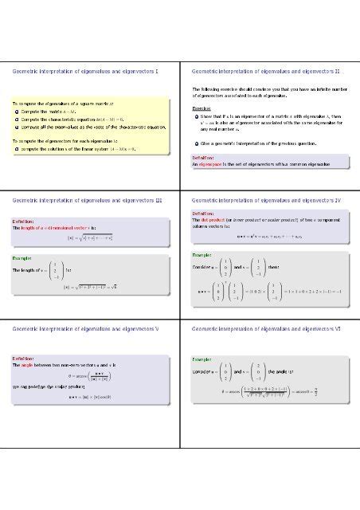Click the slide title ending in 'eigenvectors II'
point(267,72)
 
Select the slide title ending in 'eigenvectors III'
point(88,199)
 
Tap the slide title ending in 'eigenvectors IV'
point(267,199)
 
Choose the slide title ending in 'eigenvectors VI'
point(267,328)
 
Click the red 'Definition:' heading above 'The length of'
point(22,221)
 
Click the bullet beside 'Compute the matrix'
point(17,112)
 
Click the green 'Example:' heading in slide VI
point(202,360)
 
